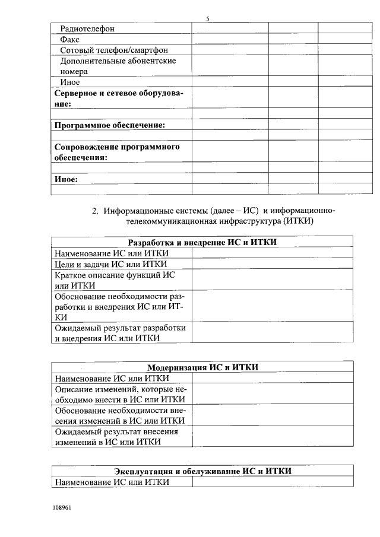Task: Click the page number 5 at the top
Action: click(208, 19)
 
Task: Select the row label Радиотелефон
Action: click(87, 28)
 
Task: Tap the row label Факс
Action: click(71, 40)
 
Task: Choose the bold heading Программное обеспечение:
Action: click(109, 125)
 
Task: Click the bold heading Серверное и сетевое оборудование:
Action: click(119, 98)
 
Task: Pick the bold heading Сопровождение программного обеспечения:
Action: click(116, 152)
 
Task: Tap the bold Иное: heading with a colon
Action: click(66, 179)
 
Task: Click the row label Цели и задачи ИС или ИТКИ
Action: click(110, 264)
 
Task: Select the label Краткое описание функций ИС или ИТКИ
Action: click(115, 280)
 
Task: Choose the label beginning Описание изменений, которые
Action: click(121, 394)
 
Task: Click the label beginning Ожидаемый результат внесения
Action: click(116, 437)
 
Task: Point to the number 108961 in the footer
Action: click(62, 509)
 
